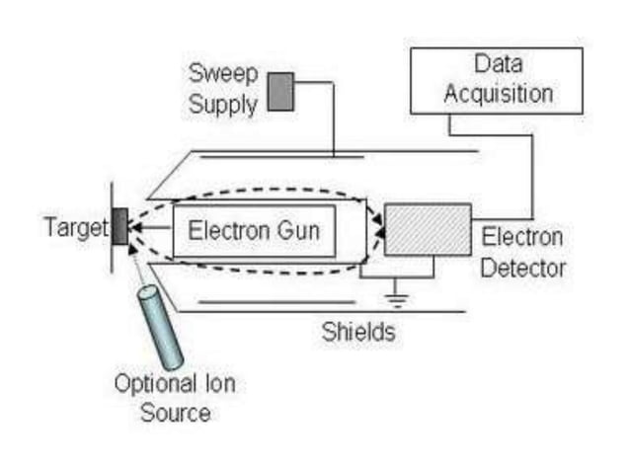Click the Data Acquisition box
tap(498, 80)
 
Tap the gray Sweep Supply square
tap(280, 91)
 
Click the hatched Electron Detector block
tap(427, 229)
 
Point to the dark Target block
tap(119, 227)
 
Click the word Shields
tap(357, 332)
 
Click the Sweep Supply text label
tap(224, 88)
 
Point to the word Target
tap(74, 228)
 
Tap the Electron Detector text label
tap(520, 252)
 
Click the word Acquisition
tap(498, 94)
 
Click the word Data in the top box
tap(498, 65)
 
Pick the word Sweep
tap(223, 74)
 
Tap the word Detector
tap(522, 267)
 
